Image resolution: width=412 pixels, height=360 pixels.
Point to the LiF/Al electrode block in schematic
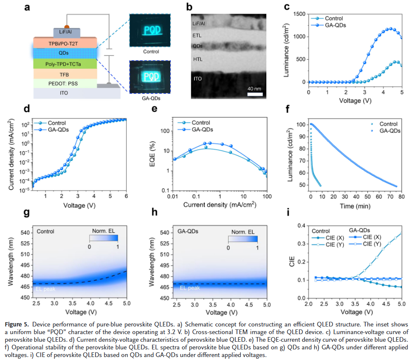[65, 32]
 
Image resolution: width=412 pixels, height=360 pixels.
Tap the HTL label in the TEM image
[198, 59]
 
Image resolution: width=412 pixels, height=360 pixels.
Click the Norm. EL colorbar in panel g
[103, 238]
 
